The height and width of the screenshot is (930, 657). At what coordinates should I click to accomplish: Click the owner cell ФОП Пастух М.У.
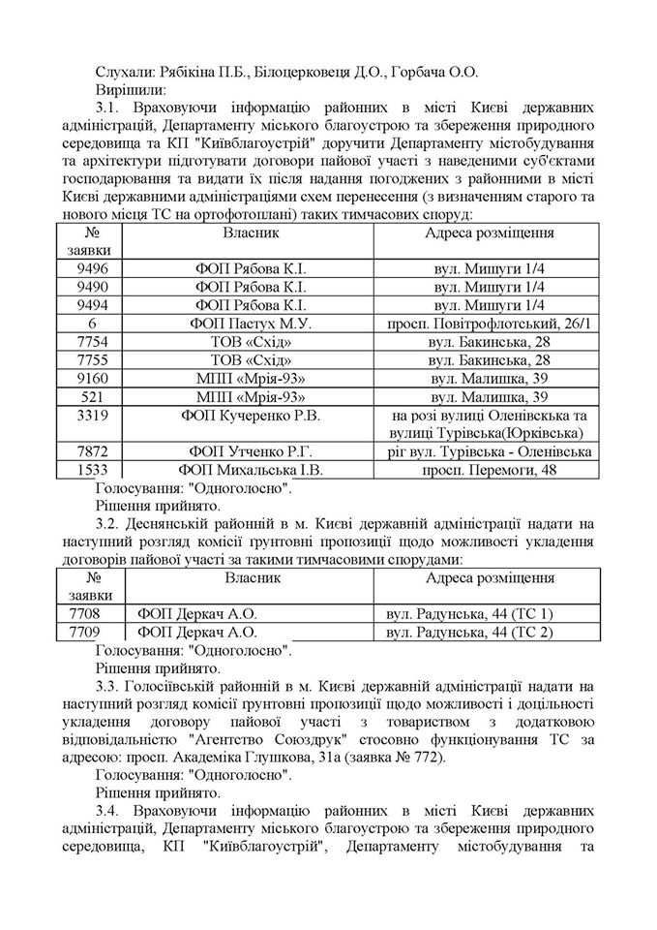coord(252,323)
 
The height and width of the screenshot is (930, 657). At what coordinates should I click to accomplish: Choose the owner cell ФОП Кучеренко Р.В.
coord(252,415)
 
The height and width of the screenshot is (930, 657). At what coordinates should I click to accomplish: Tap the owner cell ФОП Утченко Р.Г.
coord(252,451)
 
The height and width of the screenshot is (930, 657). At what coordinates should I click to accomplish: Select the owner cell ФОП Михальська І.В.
coord(252,470)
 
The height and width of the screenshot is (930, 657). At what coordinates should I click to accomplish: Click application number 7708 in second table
coord(90,613)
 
